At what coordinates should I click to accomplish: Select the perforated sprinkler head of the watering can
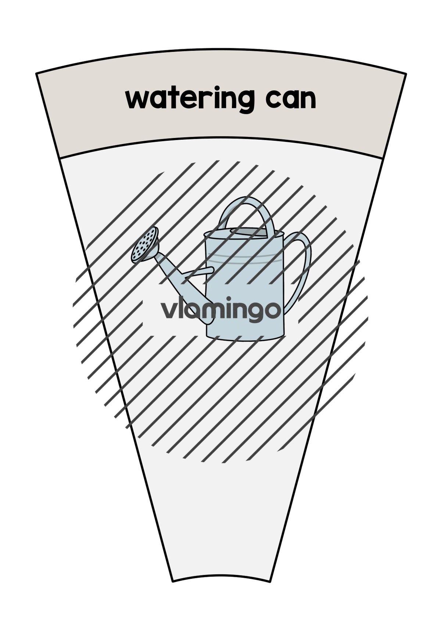pyautogui.click(x=144, y=245)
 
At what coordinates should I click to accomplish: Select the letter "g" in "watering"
pyautogui.click(x=245, y=102)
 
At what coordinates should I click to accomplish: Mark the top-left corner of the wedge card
pyautogui.click(x=36, y=73)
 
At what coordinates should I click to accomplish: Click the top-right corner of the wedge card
pyautogui.click(x=406, y=74)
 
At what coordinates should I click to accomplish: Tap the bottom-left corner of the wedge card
pyautogui.click(x=173, y=582)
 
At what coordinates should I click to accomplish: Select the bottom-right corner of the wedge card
pyautogui.click(x=270, y=581)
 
